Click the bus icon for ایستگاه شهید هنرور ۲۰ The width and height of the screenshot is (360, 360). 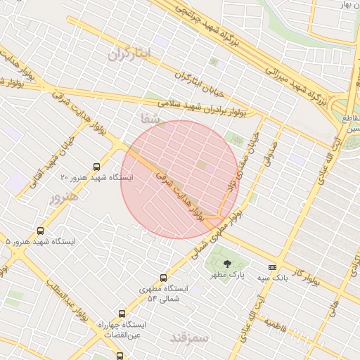(96, 167)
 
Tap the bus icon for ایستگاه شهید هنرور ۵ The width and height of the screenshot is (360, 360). (41, 231)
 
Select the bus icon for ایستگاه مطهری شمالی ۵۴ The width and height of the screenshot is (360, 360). (164, 278)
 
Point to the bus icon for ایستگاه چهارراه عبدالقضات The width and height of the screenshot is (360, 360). (122, 314)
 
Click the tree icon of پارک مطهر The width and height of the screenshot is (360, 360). (226, 264)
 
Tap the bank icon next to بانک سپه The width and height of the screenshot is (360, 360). (272, 267)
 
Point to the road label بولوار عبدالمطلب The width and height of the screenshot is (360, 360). (67, 304)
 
